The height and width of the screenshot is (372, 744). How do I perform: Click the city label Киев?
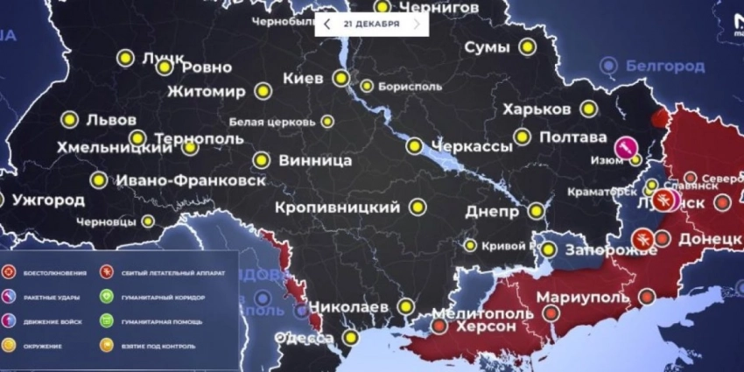pos(303,78)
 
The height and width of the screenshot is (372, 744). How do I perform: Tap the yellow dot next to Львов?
pos(69,120)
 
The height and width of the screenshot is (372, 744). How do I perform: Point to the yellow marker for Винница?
pos(261,160)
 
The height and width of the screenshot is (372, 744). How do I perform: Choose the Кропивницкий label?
pos(337,207)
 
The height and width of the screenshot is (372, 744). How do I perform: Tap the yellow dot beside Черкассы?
pos(415,147)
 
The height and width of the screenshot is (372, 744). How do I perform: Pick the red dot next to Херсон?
pos(439,326)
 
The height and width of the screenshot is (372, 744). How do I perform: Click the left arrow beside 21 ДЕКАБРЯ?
pos(327,24)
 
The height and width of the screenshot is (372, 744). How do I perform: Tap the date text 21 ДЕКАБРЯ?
pos(371,24)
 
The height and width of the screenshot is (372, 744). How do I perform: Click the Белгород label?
pos(665,65)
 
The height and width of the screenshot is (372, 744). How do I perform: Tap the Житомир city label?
pos(207,90)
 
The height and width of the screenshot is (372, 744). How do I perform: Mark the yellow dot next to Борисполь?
pos(367,86)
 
